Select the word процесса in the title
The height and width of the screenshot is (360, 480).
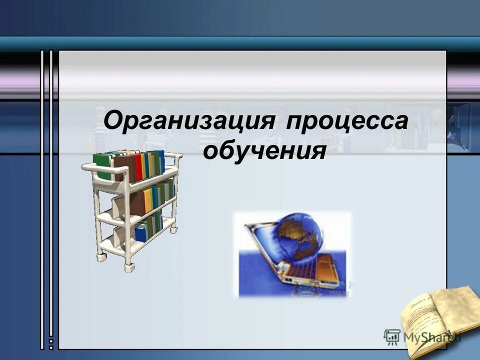(x=347, y=123)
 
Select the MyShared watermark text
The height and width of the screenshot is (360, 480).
(x=430, y=336)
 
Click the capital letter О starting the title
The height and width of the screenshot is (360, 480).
(x=113, y=122)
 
